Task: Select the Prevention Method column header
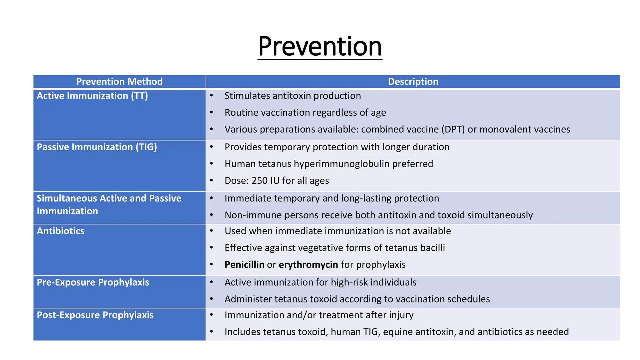pos(119,82)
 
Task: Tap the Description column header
pos(413,82)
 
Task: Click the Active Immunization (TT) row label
pos(92,96)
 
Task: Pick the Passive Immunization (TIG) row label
pos(97,147)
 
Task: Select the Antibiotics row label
pos(61,231)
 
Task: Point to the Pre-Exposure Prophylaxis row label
pos(93,282)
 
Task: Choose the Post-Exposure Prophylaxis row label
pos(95,315)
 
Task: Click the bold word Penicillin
pos(244,265)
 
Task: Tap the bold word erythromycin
pos(308,265)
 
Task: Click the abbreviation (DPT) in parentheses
pos(453,129)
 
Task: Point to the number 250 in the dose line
pos(259,181)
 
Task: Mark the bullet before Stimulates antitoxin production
pos(212,95)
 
